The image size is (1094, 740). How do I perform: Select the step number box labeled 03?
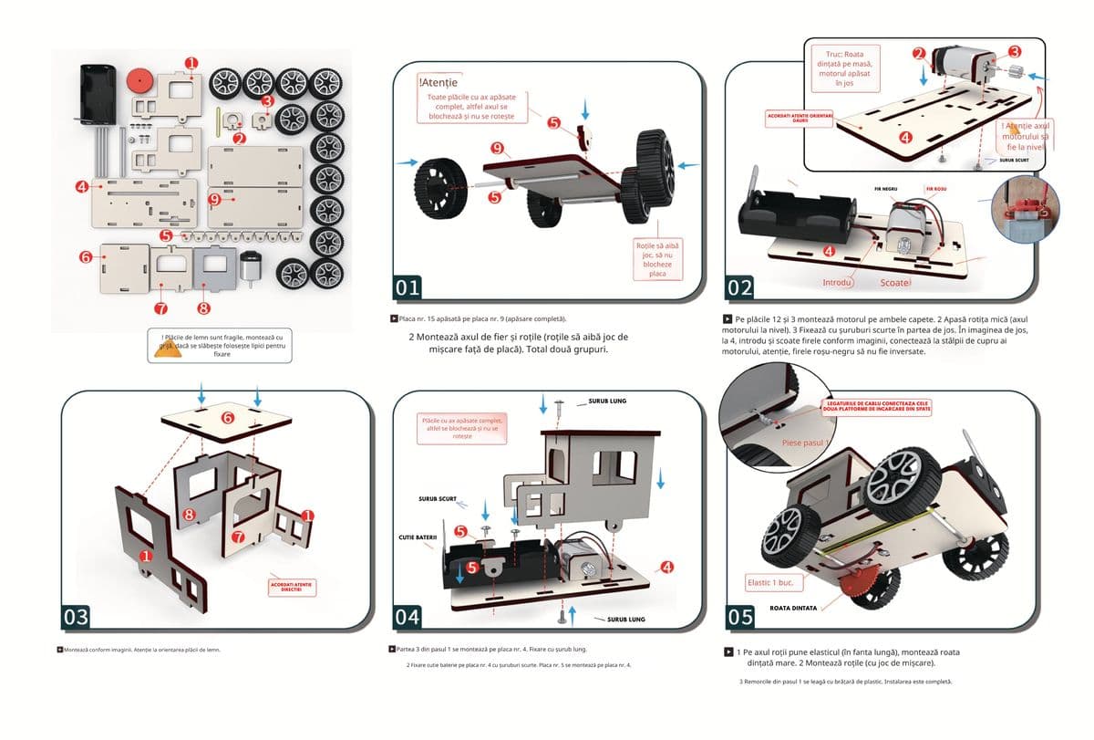click(76, 617)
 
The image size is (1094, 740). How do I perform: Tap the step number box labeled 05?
click(740, 617)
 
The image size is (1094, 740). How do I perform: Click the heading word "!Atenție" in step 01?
click(438, 83)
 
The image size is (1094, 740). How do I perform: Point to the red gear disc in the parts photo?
click(139, 79)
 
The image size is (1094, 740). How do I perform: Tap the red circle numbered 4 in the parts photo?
click(83, 186)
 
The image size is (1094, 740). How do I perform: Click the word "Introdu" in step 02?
click(838, 283)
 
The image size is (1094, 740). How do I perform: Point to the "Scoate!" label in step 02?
click(896, 283)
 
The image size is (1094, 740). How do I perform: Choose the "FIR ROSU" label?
click(937, 189)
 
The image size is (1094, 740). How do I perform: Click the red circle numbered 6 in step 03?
click(226, 417)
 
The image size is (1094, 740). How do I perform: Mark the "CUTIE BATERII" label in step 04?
click(418, 537)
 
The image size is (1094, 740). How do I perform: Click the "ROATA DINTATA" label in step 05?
click(792, 607)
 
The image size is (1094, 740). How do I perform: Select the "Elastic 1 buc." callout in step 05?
click(771, 582)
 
